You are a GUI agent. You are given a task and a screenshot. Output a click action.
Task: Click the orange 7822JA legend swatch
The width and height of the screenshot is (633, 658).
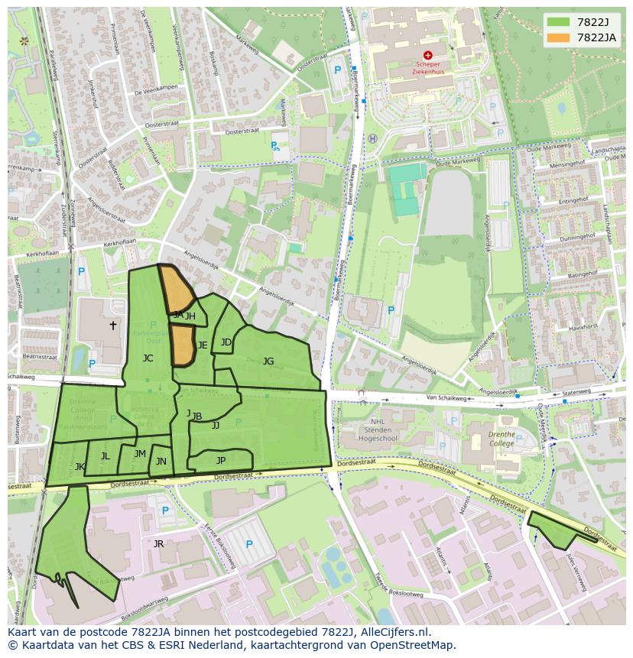point(559,37)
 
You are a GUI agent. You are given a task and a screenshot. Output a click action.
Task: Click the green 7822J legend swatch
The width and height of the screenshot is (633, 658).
point(559,22)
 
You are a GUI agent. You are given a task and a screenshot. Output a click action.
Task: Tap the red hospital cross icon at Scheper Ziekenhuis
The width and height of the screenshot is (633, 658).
point(427,55)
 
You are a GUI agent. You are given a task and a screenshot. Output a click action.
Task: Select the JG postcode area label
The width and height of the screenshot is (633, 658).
point(268,361)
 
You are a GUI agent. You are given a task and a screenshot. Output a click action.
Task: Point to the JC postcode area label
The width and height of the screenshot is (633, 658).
point(148,358)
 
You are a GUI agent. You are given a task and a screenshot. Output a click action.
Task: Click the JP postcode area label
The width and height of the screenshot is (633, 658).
point(221,460)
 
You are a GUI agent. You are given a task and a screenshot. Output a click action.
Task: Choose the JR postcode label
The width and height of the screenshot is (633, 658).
point(158,544)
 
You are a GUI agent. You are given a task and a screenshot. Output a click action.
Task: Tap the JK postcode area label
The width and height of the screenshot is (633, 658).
point(80,466)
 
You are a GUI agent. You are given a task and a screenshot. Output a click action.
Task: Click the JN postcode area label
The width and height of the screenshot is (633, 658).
point(161,462)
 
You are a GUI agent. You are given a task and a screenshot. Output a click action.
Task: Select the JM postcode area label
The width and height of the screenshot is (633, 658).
point(140,454)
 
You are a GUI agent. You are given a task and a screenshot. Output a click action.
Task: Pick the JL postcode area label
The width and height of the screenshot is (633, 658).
point(105,456)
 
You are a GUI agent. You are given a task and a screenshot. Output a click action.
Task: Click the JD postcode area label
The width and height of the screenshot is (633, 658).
point(226,342)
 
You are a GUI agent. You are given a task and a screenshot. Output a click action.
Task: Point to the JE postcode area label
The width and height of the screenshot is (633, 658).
point(203,345)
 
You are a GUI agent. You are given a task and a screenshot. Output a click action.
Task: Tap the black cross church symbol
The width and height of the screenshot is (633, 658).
point(113,325)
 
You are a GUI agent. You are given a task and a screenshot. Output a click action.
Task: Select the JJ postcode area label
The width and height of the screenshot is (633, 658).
point(216,426)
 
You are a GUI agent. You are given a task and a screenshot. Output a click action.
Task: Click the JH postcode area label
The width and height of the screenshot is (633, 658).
point(190,316)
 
